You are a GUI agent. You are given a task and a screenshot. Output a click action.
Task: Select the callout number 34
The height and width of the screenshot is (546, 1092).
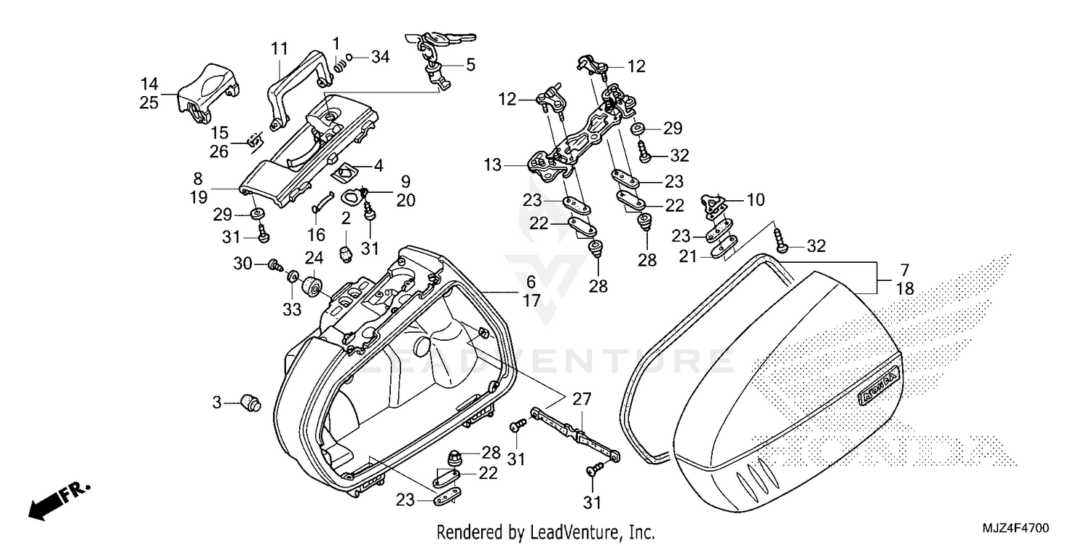(x=381, y=56)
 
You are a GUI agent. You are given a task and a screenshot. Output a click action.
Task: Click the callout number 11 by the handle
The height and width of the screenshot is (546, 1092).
(x=279, y=49)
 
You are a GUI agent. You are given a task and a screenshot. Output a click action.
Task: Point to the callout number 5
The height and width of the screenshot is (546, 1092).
(x=470, y=65)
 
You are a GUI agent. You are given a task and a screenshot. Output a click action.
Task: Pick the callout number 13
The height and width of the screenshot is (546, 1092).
(x=492, y=165)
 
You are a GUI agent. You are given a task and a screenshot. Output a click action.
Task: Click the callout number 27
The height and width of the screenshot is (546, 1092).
(x=582, y=398)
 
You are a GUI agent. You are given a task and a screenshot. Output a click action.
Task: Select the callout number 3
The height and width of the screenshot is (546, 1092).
(x=216, y=401)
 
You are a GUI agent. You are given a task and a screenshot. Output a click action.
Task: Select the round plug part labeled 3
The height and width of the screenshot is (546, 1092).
(x=251, y=402)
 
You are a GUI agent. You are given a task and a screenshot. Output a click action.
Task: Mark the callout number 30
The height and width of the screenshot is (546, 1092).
(x=242, y=263)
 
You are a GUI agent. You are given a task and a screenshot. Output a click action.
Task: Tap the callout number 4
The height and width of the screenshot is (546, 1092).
(x=378, y=165)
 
